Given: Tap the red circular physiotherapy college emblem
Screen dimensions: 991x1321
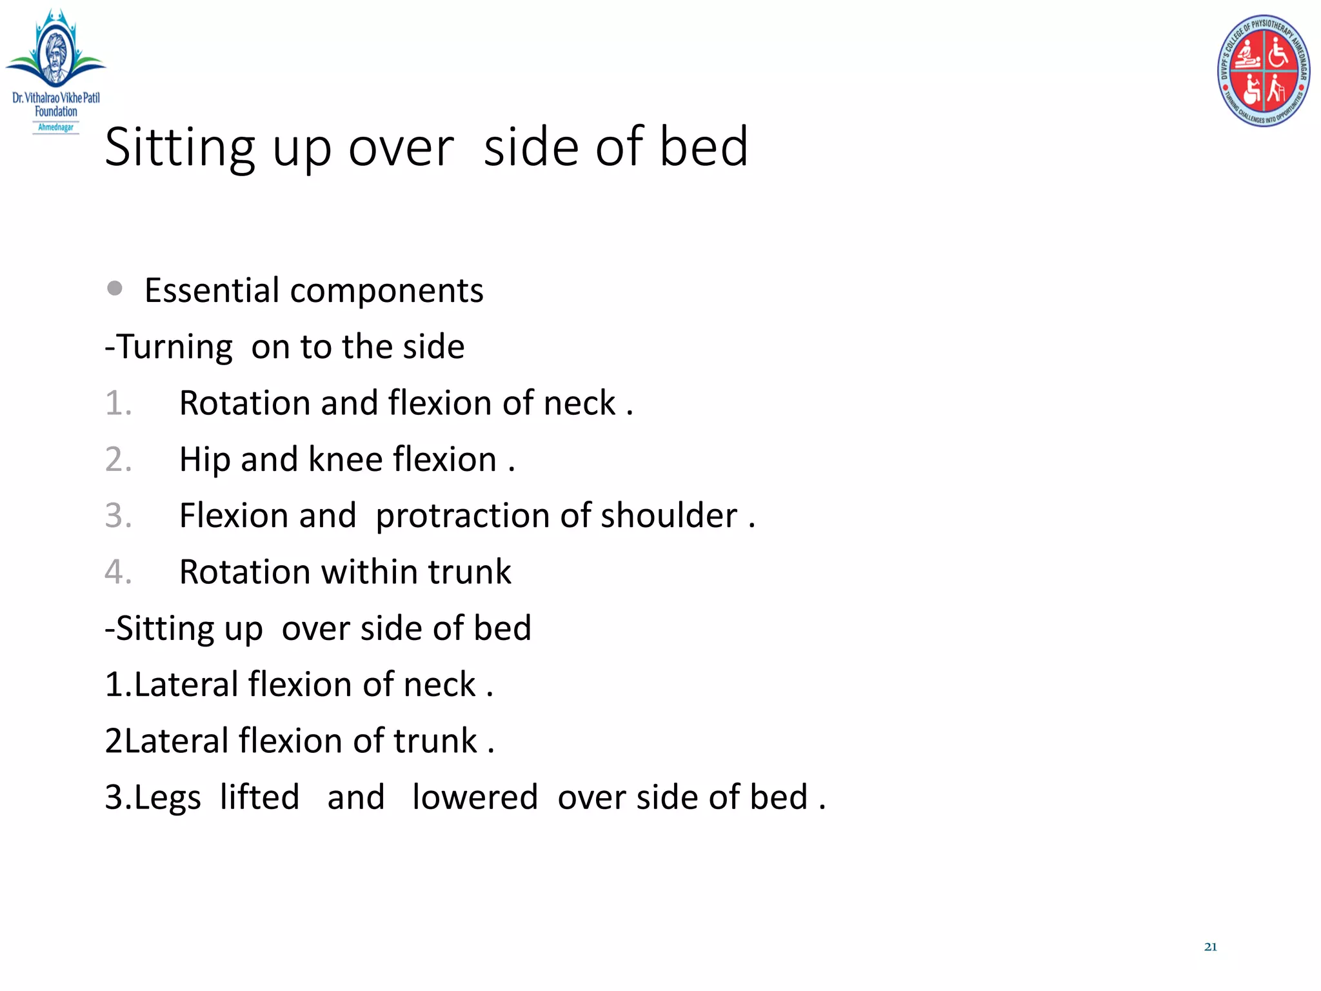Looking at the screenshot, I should tap(1263, 71).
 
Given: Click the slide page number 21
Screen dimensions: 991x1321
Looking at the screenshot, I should tap(1210, 947).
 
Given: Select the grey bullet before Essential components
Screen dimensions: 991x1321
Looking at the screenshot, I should tap(115, 288).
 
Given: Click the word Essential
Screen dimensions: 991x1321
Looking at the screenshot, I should tap(212, 290).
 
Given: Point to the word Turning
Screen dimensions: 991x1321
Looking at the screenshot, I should tap(174, 347).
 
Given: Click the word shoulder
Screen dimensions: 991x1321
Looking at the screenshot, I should tap(668, 516).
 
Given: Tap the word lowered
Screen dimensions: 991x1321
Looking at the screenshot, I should tap(475, 797).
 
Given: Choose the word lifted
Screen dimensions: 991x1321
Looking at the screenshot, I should tap(259, 797).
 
